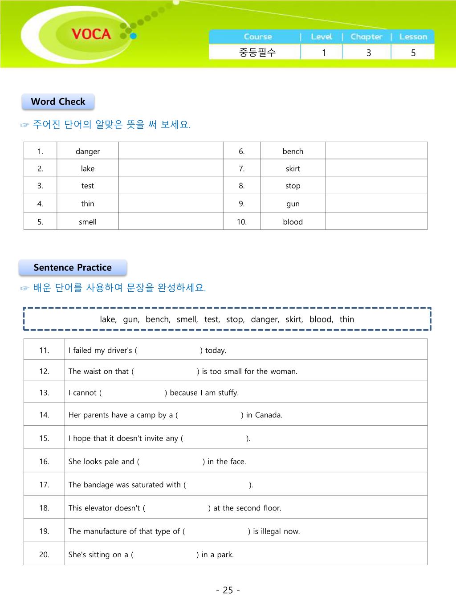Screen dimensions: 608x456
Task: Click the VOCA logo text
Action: (91, 34)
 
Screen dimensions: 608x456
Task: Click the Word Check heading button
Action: (58, 102)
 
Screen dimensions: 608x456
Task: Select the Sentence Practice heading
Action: (73, 267)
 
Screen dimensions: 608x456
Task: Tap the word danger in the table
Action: (88, 151)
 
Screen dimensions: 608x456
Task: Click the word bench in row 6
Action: (293, 151)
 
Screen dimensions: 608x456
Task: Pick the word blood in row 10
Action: (293, 222)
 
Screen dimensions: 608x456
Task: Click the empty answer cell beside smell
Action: (171, 221)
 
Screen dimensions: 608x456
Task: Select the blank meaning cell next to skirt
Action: (376, 168)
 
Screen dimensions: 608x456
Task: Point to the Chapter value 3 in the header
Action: (368, 53)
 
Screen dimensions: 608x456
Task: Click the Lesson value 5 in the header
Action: (413, 53)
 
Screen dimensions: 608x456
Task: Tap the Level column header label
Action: (322, 37)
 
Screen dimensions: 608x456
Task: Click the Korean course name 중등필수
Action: (257, 53)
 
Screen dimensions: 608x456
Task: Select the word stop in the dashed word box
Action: (234, 319)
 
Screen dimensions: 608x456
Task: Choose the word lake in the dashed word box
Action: (108, 319)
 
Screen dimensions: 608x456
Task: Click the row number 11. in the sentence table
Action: (44, 350)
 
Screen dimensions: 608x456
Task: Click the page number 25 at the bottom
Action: (228, 590)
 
